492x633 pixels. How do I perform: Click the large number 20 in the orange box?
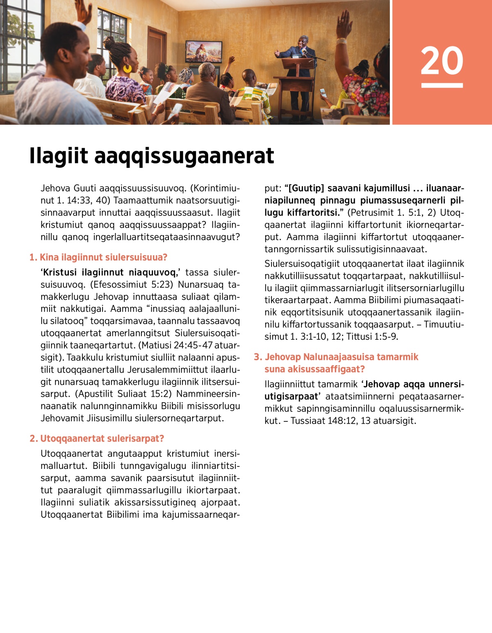click(x=442, y=60)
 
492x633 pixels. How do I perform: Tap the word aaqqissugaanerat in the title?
click(x=184, y=156)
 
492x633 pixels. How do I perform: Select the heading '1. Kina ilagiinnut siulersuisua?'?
click(x=98, y=258)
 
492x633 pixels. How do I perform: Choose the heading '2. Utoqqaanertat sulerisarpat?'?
click(x=97, y=439)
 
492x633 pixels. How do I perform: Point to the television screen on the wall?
click(x=204, y=51)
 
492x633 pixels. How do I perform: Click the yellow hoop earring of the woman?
click(x=127, y=68)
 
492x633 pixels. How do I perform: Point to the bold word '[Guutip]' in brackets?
click(x=306, y=188)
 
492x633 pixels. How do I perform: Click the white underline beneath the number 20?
click(x=442, y=85)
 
